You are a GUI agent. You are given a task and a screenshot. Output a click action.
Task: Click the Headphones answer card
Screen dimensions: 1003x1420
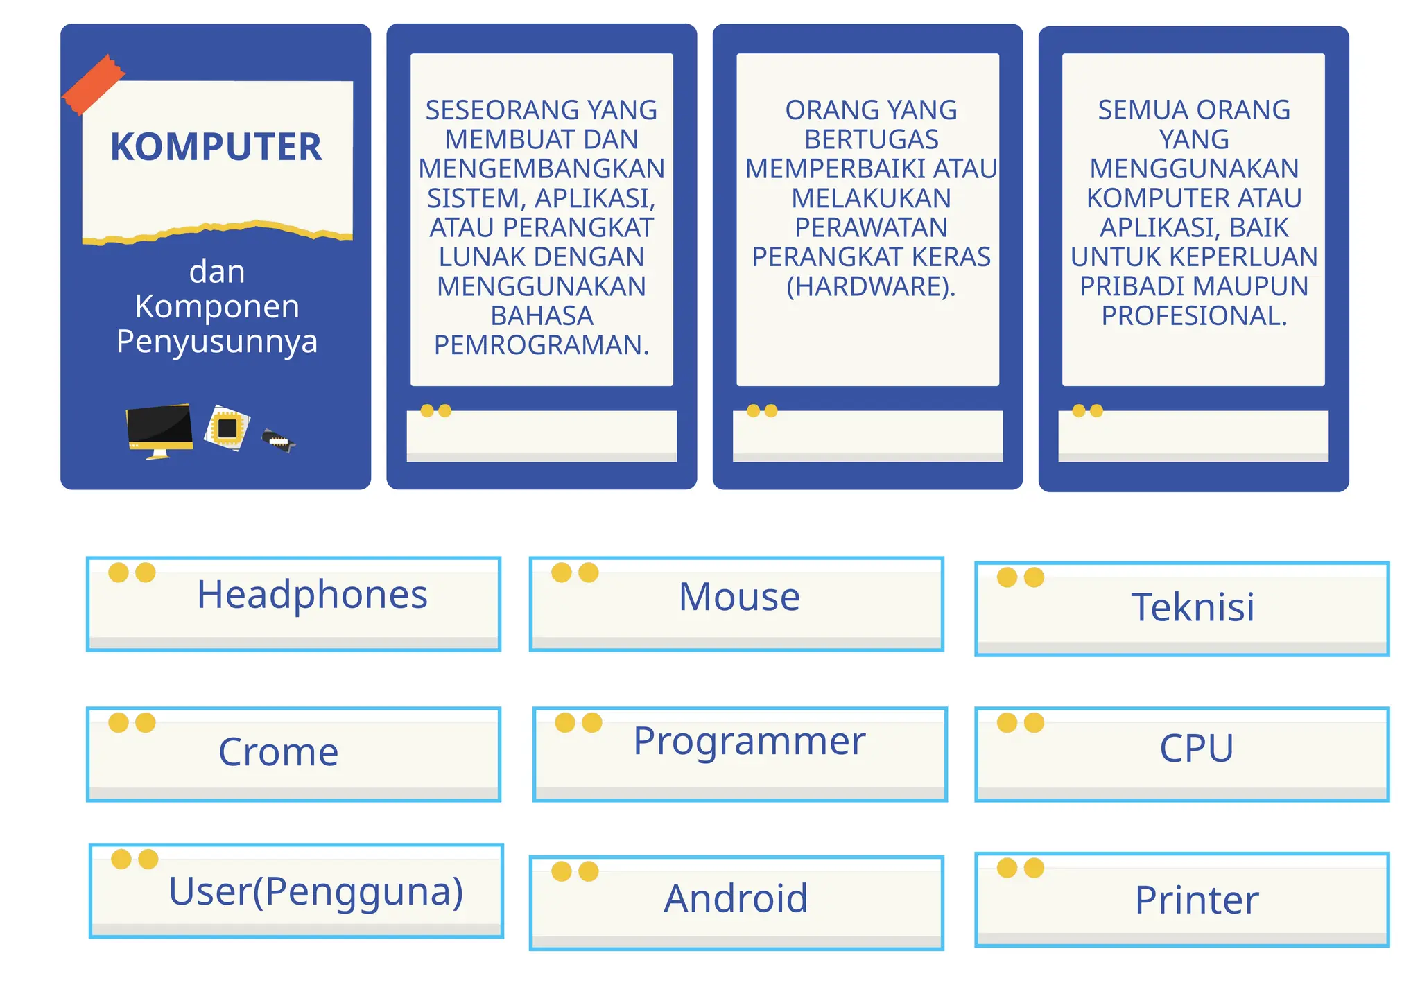click(x=294, y=603)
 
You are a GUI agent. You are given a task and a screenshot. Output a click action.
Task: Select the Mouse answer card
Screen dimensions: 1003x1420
click(x=736, y=603)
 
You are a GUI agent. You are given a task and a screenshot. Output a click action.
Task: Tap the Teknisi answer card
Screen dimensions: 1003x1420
click(x=1182, y=608)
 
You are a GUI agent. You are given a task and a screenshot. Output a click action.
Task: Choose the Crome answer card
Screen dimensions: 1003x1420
click(x=294, y=753)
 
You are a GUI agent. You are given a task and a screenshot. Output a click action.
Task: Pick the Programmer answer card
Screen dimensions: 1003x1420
click(x=740, y=753)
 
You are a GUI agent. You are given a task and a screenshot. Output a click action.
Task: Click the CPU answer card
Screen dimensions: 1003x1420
click(x=1182, y=753)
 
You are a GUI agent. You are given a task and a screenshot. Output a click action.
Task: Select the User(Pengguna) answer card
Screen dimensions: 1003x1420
click(x=297, y=890)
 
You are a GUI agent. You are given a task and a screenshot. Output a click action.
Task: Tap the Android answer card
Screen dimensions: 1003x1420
click(x=736, y=902)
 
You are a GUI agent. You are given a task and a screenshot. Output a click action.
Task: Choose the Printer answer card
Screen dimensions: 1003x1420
click(x=1182, y=899)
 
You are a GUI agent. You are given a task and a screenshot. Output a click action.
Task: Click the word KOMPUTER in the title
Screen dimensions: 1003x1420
click(x=216, y=148)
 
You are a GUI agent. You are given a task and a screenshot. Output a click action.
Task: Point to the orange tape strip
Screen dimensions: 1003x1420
click(x=94, y=84)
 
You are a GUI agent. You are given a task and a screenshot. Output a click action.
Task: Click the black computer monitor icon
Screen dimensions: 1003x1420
click(x=159, y=429)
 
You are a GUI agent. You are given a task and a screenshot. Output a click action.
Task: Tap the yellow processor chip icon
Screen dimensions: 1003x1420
click(x=227, y=428)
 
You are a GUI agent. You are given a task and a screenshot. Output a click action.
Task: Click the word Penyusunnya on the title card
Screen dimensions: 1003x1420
click(x=217, y=341)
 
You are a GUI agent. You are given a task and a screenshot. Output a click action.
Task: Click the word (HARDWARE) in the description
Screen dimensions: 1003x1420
click(x=871, y=286)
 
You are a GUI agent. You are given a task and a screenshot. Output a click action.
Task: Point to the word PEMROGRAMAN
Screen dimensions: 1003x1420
click(x=542, y=344)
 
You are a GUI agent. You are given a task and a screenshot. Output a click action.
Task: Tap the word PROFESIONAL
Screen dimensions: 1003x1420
click(x=1194, y=315)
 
